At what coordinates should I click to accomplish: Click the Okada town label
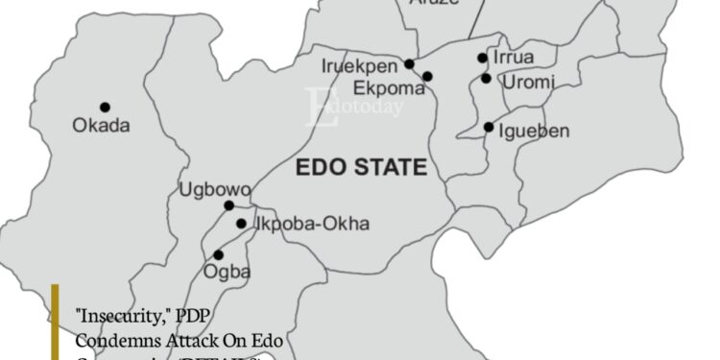click(x=101, y=125)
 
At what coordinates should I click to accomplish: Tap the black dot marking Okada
click(x=105, y=107)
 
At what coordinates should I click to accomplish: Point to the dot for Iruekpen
click(x=409, y=64)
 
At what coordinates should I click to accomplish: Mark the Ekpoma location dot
click(x=427, y=76)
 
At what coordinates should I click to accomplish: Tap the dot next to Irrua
click(x=483, y=59)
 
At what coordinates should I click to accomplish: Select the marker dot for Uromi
click(x=487, y=79)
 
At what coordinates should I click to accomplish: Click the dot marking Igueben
click(x=489, y=127)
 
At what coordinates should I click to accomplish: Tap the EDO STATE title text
click(x=360, y=168)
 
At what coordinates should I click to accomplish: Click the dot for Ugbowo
click(x=228, y=205)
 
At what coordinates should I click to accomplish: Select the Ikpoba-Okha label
click(x=311, y=225)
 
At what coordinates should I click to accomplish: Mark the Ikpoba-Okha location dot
click(x=242, y=224)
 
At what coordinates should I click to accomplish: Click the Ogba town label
click(x=228, y=272)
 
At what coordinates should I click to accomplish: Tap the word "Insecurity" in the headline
click(x=111, y=314)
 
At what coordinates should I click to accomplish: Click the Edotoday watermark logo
click(x=353, y=107)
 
